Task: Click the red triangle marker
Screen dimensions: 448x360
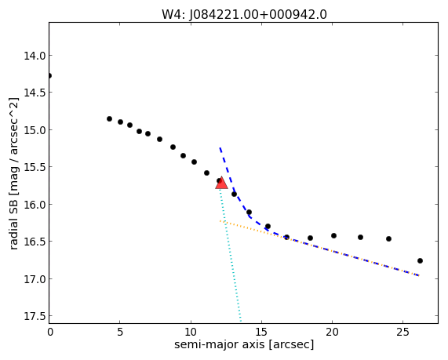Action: (221, 184)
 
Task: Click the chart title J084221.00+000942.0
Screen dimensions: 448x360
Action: (257, 14)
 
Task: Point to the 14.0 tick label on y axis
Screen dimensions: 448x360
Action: (35, 56)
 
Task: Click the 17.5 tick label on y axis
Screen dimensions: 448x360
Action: (35, 316)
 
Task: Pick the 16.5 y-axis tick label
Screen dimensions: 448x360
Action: (35, 242)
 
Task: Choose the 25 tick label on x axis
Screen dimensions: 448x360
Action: (402, 333)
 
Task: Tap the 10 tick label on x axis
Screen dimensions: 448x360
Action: (191, 333)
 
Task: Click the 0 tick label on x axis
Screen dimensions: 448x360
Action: (50, 333)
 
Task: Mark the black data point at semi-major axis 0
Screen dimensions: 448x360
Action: (49, 76)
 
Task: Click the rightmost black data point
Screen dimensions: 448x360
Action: (420, 260)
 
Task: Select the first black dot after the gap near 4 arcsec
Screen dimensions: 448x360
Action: (109, 119)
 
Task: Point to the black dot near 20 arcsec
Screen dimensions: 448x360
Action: (333, 236)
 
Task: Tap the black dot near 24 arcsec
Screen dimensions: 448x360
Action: (388, 238)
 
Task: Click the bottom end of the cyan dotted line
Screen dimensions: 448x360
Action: (241, 322)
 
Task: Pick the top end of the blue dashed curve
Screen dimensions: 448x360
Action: (220, 147)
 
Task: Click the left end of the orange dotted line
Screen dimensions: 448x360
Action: (220, 221)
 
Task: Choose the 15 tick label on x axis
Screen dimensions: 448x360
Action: (261, 333)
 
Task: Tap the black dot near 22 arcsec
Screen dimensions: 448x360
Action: (360, 237)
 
